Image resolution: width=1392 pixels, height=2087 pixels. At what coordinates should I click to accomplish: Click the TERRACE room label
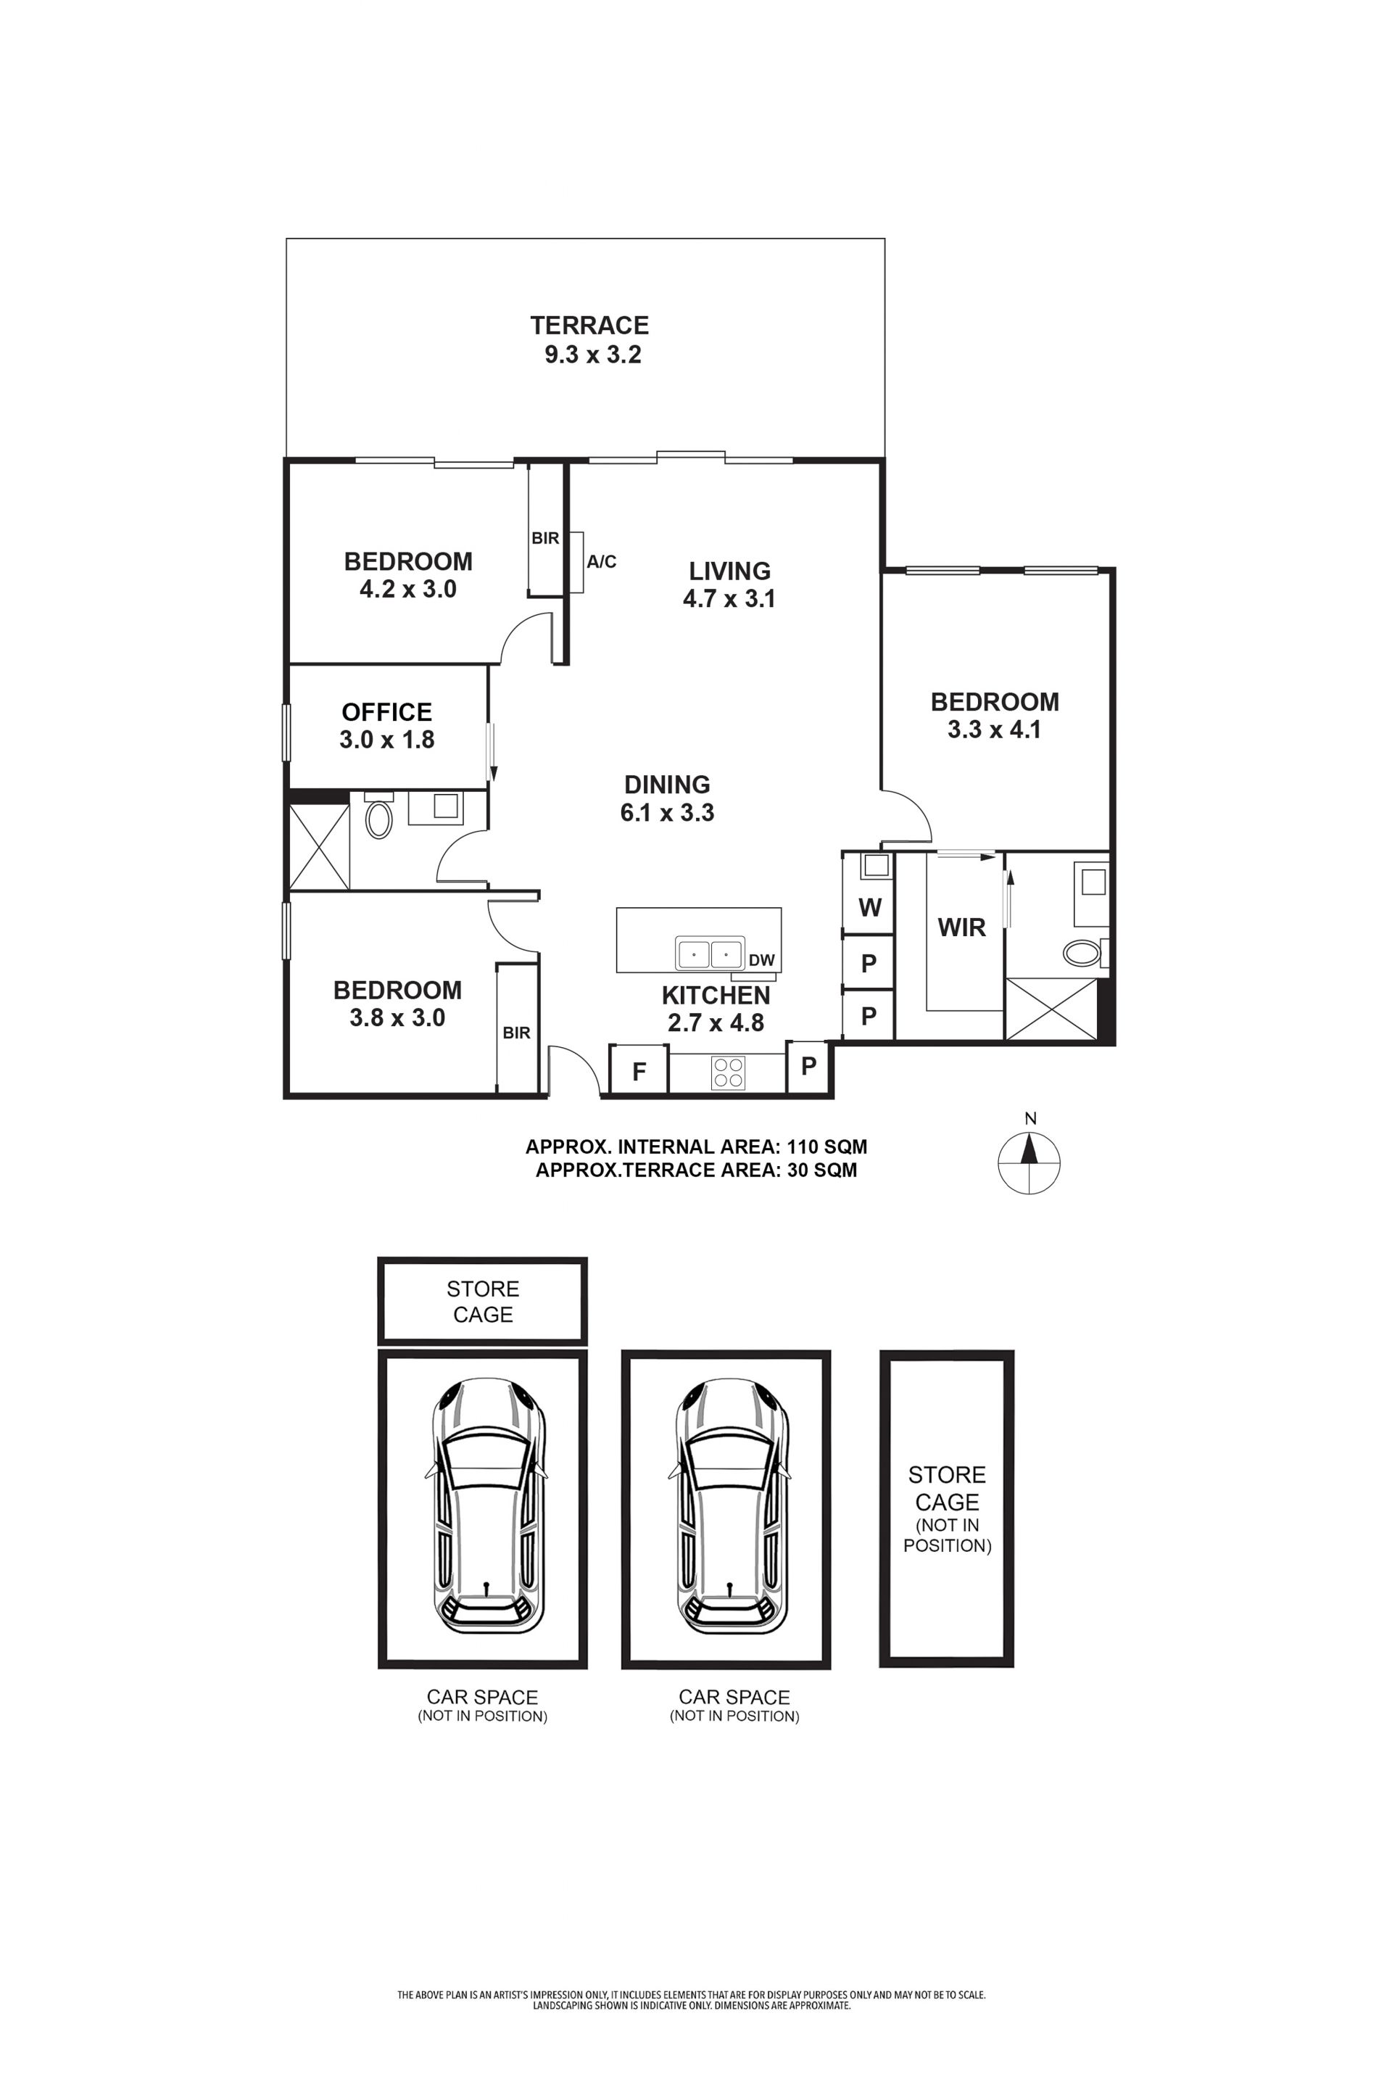[589, 325]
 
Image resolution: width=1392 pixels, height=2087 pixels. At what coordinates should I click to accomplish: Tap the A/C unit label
[601, 561]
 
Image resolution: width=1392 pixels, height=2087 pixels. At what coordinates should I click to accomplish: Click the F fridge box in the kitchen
[638, 1068]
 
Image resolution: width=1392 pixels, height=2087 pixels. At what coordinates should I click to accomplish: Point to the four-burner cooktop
[728, 1073]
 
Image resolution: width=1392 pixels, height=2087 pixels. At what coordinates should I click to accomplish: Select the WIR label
[961, 927]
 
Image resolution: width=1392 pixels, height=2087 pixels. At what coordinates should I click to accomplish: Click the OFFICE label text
[387, 712]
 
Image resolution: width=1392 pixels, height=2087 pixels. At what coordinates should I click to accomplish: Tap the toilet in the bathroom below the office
[379, 816]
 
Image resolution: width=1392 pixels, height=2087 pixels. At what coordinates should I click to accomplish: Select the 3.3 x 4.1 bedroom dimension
[994, 730]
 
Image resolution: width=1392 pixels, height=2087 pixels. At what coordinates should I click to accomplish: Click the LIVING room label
[730, 571]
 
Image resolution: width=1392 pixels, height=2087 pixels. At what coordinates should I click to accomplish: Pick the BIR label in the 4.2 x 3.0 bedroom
[545, 538]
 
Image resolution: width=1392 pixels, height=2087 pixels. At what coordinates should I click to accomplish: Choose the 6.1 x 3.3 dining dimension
[668, 812]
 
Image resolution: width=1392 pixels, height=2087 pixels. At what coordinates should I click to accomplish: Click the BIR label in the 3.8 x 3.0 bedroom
[517, 1033]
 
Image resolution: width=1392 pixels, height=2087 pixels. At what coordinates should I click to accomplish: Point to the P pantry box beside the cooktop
[808, 1066]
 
